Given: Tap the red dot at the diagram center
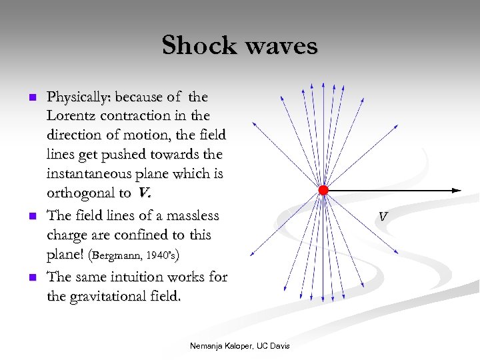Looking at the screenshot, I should pyautogui.click(x=323, y=191).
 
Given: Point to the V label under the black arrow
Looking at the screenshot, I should pyautogui.click(x=383, y=217).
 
